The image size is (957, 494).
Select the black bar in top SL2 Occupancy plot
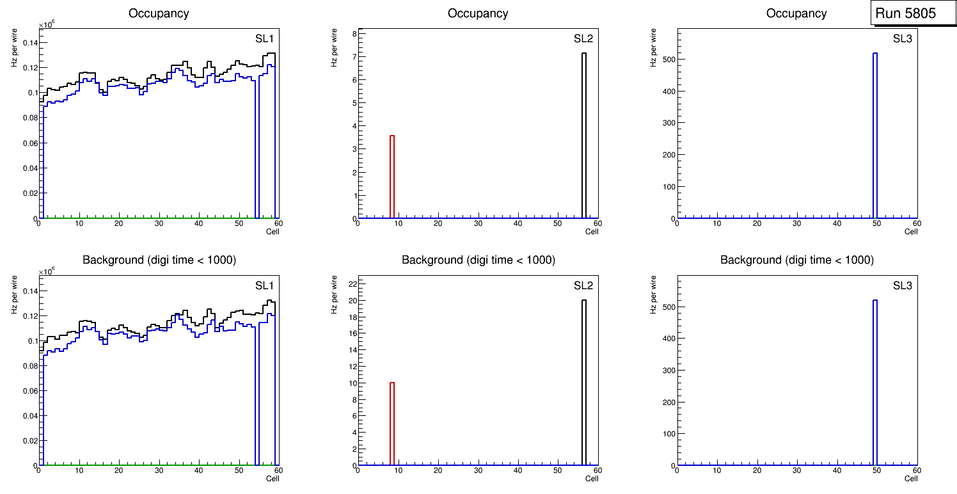coord(584,136)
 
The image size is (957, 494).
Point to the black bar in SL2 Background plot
coord(584,383)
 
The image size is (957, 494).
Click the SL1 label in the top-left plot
coord(265,38)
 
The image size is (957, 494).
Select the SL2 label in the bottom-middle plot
coord(583,286)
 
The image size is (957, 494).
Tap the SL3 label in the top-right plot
coord(903,38)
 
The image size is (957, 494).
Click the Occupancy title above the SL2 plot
coord(478,13)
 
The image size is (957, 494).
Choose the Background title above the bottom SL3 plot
coord(796,260)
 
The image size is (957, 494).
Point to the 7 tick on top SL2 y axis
coord(352,57)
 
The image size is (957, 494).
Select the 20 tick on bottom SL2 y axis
coord(350,301)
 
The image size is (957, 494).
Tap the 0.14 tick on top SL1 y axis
coord(30,43)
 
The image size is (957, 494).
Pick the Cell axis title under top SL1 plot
coord(273,231)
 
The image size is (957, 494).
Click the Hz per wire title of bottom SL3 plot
coord(653,294)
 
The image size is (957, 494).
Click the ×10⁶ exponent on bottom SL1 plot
coord(47,272)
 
